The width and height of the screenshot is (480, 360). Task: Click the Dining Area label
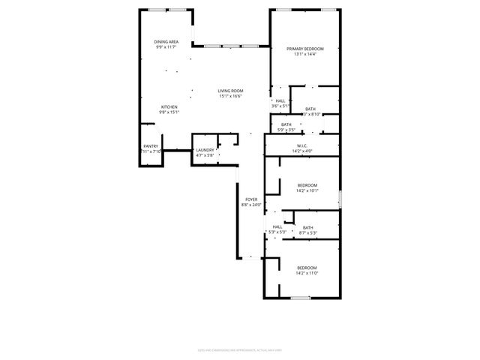(166, 42)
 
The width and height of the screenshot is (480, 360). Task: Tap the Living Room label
(231, 91)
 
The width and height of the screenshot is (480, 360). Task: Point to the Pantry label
(151, 146)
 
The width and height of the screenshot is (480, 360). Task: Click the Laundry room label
(205, 150)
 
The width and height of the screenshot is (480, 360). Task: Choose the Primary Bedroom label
(305, 49)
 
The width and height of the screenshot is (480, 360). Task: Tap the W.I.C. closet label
(303, 146)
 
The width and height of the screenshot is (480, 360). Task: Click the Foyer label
(251, 199)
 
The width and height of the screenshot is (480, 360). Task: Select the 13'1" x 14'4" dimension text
(305, 54)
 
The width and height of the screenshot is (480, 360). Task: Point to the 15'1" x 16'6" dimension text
(231, 96)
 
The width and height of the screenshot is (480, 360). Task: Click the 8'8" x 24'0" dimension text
(251, 205)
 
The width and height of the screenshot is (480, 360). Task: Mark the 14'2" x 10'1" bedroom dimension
(307, 190)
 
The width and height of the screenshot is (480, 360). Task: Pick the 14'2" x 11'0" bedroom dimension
(307, 274)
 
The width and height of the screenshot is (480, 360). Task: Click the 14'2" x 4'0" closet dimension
(303, 151)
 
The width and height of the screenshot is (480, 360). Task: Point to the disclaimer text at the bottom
(239, 349)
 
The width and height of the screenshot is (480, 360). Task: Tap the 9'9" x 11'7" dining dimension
(166, 47)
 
